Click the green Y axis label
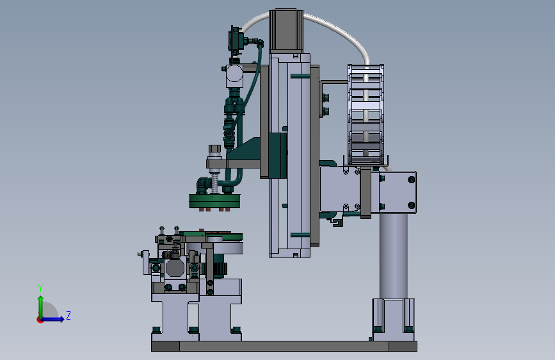coord(40,288)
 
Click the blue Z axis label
coord(68,315)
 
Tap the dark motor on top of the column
coord(286,31)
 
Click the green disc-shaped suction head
coord(214,201)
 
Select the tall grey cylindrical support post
coord(393,256)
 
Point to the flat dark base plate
coord(284,346)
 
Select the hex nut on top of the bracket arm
coord(214,149)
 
